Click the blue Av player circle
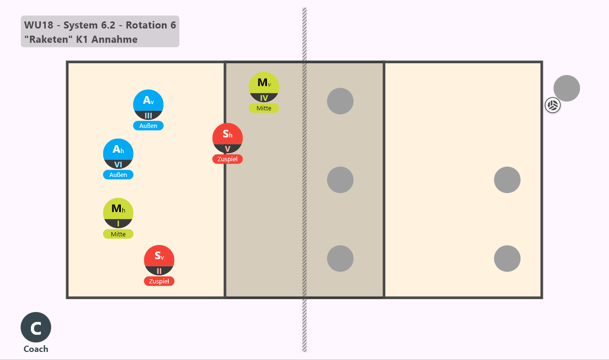point(148,105)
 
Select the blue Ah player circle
point(118,154)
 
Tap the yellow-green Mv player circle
point(264,87)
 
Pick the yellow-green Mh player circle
point(118,213)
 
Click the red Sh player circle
point(227,138)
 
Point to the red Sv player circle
point(159,260)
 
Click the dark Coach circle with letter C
point(36,327)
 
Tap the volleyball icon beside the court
point(553,105)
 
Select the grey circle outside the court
point(567,88)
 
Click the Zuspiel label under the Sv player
point(159,281)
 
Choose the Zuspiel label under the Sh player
point(227,159)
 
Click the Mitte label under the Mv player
point(264,108)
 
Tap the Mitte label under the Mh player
point(118,234)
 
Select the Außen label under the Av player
point(148,126)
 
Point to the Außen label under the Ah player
point(118,175)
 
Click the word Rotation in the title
point(147,25)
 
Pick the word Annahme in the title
point(115,39)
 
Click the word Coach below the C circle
point(36,349)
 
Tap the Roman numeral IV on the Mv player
point(264,98)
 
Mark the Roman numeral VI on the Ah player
point(118,165)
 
